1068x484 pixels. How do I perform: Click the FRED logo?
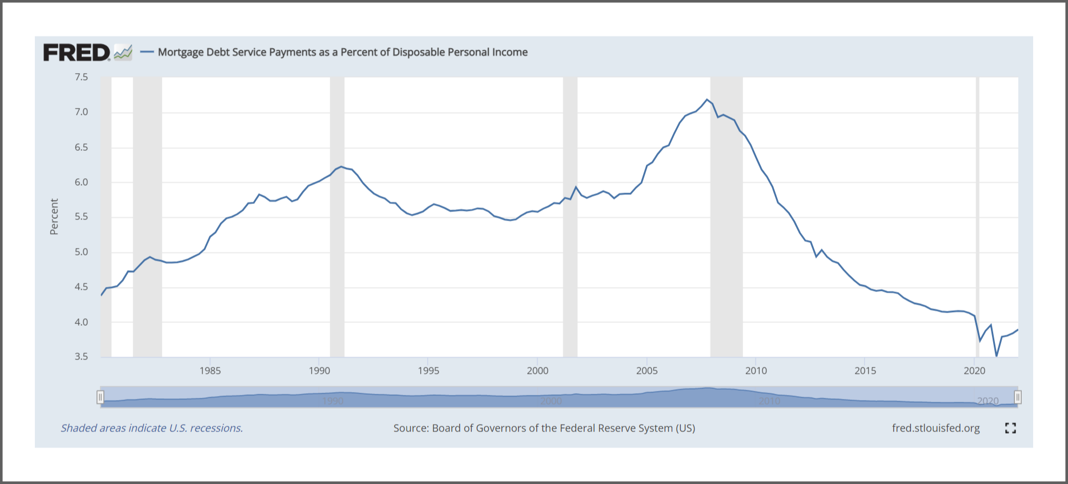click(x=77, y=53)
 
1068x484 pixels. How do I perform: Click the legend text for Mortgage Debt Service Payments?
click(x=342, y=52)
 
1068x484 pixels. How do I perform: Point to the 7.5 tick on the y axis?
click(x=81, y=77)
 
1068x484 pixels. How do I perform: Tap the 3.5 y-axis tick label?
click(x=81, y=357)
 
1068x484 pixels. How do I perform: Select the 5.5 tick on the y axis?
click(x=81, y=217)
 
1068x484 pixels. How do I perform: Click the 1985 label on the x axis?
click(x=210, y=371)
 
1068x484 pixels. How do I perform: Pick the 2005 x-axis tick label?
click(x=647, y=371)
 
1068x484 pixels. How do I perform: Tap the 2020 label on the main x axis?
click(x=974, y=371)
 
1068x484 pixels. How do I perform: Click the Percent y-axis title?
click(x=54, y=217)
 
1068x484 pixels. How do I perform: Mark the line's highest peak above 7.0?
click(x=707, y=99)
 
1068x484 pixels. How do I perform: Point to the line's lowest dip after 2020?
click(x=997, y=356)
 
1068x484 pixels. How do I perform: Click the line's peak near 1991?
click(x=341, y=166)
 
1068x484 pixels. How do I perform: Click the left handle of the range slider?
click(x=101, y=397)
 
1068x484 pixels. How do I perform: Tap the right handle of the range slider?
click(x=1018, y=397)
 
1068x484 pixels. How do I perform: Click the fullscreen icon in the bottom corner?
click(x=1010, y=428)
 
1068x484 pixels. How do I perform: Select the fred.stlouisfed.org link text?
click(x=935, y=428)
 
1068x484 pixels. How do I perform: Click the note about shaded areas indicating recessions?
click(x=152, y=428)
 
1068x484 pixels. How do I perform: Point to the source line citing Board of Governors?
click(x=544, y=428)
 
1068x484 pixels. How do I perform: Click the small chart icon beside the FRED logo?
click(x=123, y=53)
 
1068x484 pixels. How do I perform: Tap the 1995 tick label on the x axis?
click(x=428, y=371)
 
